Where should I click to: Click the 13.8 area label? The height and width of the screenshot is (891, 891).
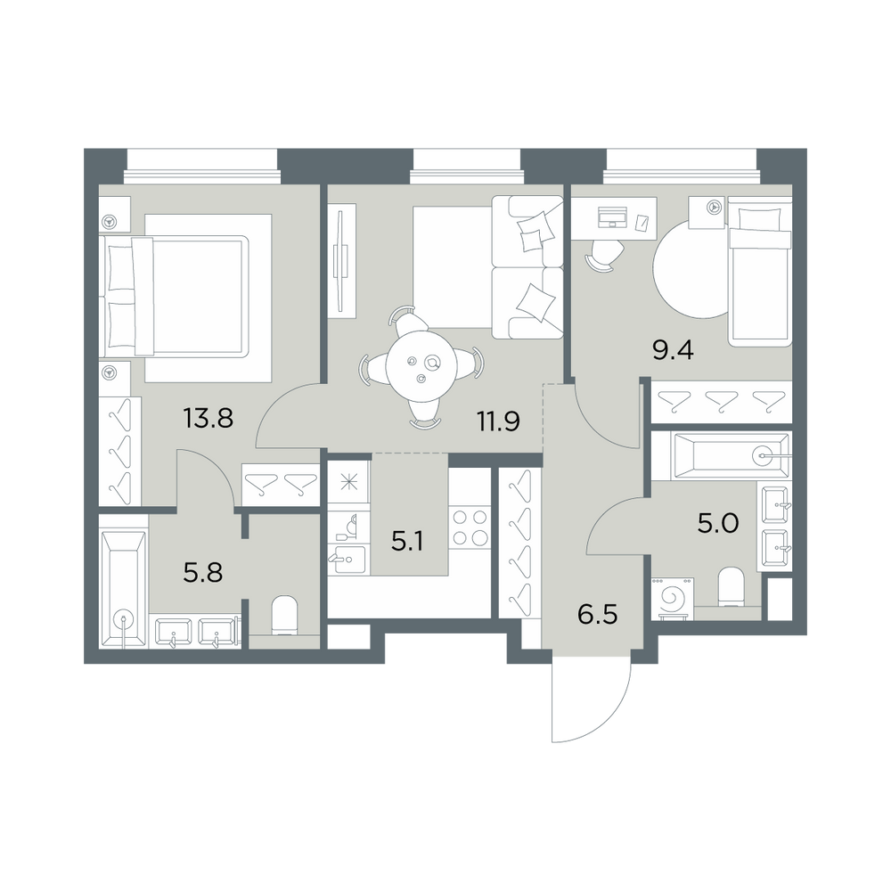tap(208, 419)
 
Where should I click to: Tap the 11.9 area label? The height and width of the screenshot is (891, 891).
tap(498, 422)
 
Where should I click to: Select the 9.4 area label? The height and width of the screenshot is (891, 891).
tap(674, 350)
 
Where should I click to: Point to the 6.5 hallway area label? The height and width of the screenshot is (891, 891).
tap(597, 614)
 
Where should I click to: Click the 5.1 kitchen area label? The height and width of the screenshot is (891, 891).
tap(408, 542)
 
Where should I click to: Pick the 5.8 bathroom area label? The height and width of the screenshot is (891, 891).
tap(203, 572)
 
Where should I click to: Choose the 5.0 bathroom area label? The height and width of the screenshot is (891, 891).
tap(718, 523)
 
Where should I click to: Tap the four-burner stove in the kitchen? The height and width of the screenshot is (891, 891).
tap(470, 527)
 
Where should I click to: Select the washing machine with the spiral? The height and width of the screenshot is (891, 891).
tap(674, 599)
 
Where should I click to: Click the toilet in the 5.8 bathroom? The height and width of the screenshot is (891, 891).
tap(284, 615)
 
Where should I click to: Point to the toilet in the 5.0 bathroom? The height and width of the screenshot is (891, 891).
tap(732, 587)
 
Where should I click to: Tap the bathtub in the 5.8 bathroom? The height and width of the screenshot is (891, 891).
tap(123, 589)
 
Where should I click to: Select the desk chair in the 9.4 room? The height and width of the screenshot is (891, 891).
tap(604, 254)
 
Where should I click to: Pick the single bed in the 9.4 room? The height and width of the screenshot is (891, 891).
tap(760, 271)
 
